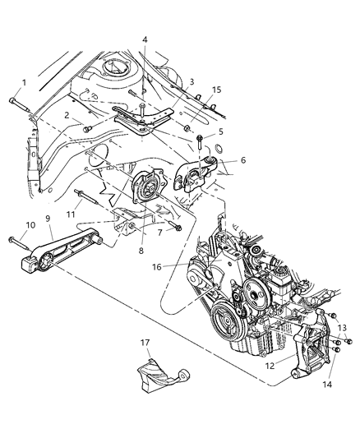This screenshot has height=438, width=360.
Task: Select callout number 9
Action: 48,219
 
